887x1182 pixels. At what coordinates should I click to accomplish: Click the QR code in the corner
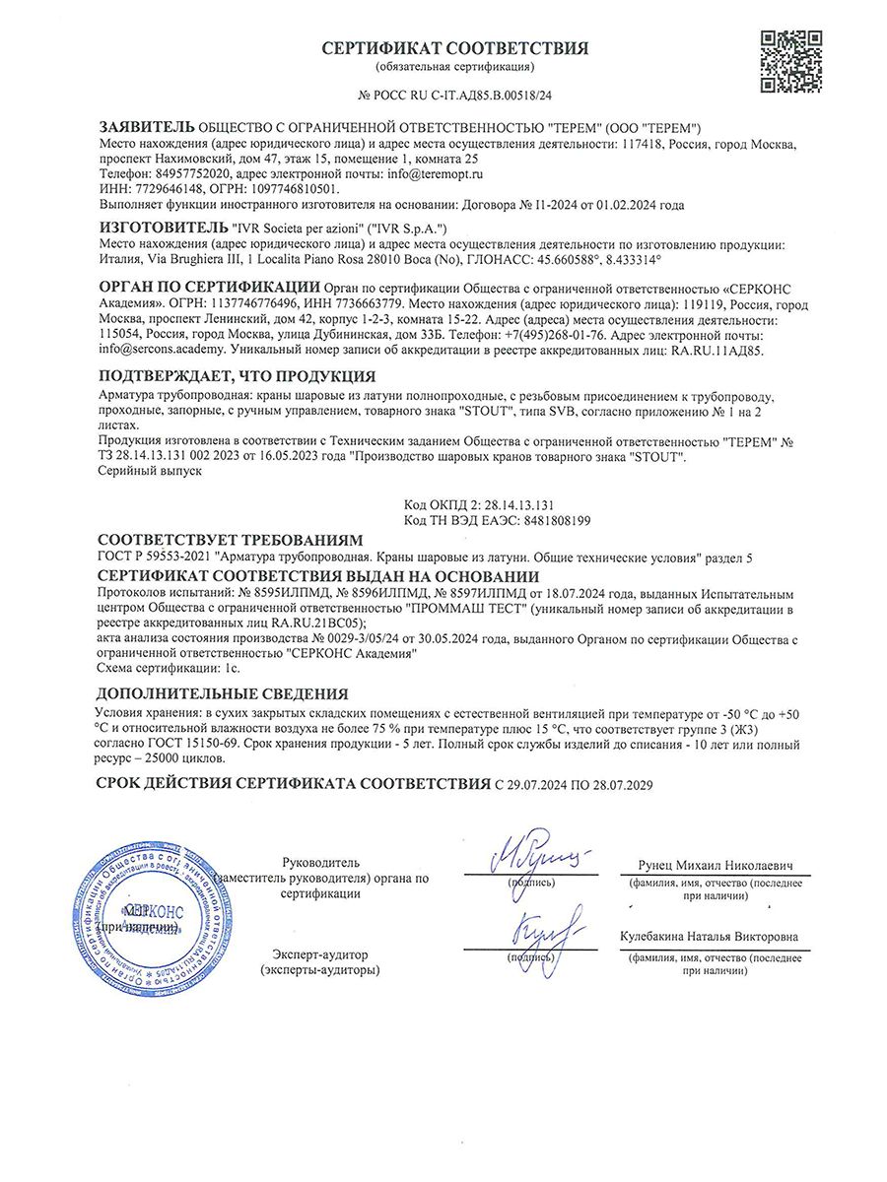[790, 61]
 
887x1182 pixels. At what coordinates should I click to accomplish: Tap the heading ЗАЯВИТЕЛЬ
[147, 128]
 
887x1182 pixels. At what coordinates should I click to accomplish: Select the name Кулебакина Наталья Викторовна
[709, 937]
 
